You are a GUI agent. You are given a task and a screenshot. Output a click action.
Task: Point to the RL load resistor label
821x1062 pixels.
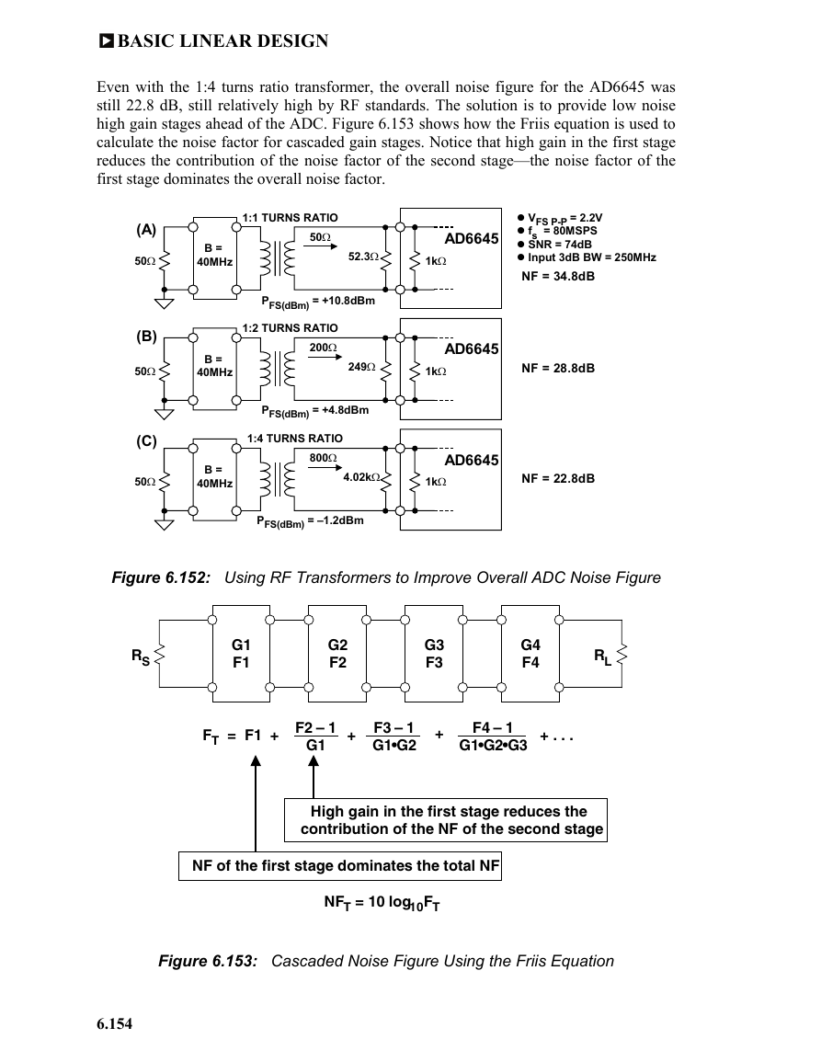[x=603, y=657]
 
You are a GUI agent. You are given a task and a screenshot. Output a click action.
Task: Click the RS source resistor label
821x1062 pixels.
[x=141, y=656]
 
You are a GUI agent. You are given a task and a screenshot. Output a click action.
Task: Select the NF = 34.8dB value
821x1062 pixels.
[x=558, y=277]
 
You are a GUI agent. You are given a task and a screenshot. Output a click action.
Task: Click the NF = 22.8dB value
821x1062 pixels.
[x=558, y=478]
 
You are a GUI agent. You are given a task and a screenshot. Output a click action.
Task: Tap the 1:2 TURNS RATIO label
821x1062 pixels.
[x=290, y=328]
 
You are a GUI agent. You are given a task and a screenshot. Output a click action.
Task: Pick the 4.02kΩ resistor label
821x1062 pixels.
[x=361, y=477]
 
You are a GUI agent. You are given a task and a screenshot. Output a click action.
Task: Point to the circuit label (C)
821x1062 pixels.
[x=146, y=441]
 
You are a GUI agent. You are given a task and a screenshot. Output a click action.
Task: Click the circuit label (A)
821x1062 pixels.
[x=146, y=230]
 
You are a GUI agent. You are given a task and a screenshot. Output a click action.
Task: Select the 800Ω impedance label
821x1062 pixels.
[x=323, y=458]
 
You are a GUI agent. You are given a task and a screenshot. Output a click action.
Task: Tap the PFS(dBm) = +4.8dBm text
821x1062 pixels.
[x=315, y=411]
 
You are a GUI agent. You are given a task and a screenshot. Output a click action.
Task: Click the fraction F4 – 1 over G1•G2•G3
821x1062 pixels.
[x=493, y=737]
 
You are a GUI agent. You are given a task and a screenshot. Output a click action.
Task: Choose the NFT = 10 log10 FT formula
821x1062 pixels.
[x=382, y=902]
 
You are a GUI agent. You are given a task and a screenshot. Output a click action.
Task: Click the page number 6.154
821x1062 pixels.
[x=115, y=1023]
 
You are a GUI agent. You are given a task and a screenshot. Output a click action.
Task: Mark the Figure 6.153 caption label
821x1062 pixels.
[x=208, y=961]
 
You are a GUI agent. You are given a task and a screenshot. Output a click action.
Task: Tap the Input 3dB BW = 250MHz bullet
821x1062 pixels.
[x=587, y=257]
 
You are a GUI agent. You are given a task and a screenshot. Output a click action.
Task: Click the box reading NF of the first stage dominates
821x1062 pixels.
[x=340, y=866]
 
